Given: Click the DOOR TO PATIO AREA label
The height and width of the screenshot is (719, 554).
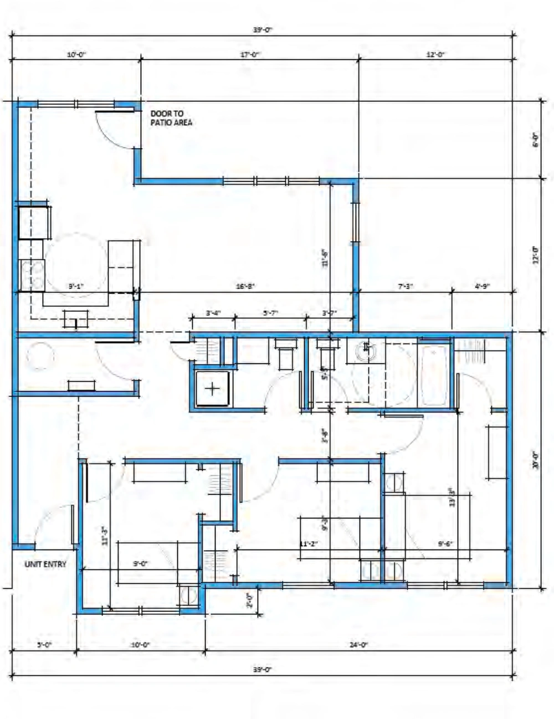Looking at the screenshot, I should coord(171,118).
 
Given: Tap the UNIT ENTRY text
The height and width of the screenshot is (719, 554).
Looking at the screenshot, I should coord(45,564).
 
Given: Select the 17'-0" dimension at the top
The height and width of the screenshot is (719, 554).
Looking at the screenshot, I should coord(250,54).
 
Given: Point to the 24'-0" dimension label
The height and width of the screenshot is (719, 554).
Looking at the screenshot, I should coord(359,644).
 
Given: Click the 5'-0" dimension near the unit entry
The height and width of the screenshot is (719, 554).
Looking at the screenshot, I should coord(44,644).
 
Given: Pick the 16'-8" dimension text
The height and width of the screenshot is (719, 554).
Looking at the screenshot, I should coord(245,286).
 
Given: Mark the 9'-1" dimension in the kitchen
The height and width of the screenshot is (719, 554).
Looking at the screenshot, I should coord(76,286).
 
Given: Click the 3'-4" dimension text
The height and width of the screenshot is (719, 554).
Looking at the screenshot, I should coord(213,313).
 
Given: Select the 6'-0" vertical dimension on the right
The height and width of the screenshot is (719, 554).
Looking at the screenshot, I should coord(535,140).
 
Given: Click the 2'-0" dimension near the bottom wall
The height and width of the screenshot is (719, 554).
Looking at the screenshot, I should coord(250,600).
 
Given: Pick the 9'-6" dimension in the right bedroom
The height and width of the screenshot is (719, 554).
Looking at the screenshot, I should coord(445,544).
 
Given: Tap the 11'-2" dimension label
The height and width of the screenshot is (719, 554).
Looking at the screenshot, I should coord(307,544).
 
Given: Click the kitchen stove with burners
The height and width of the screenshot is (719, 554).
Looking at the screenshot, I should coord(31,275).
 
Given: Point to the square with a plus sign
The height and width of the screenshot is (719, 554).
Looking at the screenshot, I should coord(213,389).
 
